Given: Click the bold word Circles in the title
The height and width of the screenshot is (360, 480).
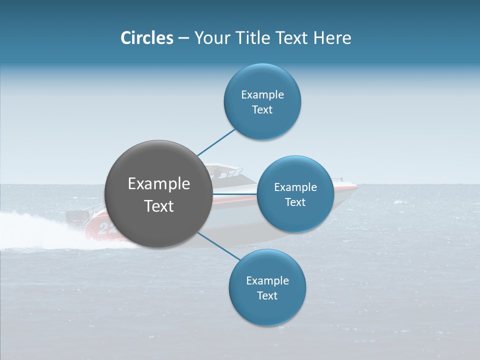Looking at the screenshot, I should click(147, 38).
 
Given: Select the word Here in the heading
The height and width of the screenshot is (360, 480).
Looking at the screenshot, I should click(332, 38).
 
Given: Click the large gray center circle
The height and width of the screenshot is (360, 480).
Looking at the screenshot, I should click(158, 194).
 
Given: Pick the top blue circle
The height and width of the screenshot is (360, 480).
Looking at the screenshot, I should click(262, 101).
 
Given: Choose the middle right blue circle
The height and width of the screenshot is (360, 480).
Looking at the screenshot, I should click(295, 194).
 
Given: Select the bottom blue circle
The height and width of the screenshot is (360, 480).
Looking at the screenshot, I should click(267, 287).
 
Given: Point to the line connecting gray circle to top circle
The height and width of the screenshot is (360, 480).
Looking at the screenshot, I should click(216, 142).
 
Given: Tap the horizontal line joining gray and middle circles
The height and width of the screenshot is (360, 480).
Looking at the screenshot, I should click(234, 194).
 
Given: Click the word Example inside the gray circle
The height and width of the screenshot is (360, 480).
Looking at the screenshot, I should click(159, 184).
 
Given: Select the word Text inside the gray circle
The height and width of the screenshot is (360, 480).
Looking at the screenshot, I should click(159, 206).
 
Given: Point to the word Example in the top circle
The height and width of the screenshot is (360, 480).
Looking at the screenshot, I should click(262, 94).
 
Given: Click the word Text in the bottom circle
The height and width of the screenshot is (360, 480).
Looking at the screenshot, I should click(267, 295).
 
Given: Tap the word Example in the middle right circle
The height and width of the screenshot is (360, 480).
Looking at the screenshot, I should click(295, 187).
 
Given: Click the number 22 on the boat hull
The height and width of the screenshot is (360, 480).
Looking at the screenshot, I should click(106, 228).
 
